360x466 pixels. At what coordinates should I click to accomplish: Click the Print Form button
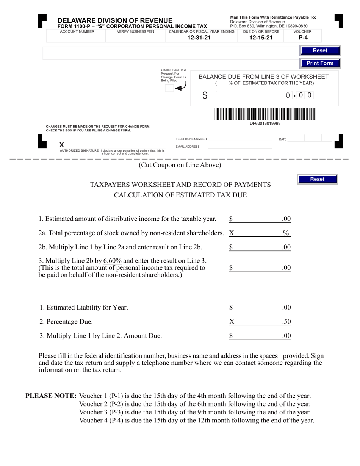319,63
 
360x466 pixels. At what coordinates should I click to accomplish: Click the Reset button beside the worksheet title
317,179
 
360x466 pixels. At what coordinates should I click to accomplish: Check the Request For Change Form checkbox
169,88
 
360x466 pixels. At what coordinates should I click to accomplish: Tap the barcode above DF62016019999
265,114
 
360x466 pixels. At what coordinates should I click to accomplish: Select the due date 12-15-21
261,38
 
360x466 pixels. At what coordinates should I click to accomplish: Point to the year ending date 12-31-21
199,38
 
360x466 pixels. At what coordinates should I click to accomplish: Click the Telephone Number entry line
240,139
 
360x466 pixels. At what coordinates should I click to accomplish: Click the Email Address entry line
240,147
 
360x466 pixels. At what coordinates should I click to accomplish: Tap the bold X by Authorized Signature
62,145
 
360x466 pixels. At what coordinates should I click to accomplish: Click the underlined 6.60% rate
113,261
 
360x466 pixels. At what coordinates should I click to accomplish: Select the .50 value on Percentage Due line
286,322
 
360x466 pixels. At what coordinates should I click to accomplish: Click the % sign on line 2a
286,233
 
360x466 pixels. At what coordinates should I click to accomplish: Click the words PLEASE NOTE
51,396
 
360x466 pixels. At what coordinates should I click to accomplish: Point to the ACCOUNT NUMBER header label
77,31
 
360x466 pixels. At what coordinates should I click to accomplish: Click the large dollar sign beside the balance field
205,95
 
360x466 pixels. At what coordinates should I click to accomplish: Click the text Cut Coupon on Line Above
180,165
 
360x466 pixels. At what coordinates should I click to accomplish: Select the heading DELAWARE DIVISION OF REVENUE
115,20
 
